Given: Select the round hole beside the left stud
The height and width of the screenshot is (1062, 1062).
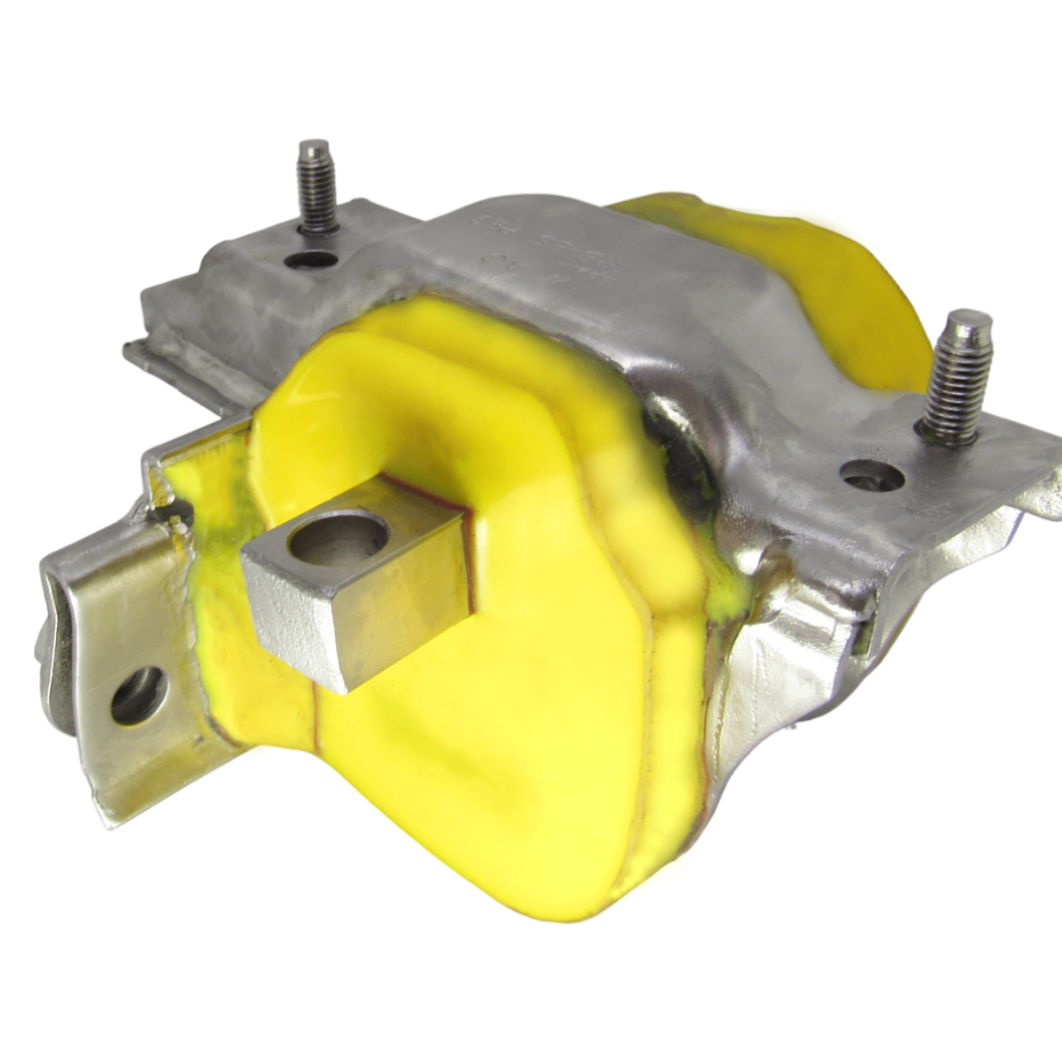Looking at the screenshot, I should coord(313,261).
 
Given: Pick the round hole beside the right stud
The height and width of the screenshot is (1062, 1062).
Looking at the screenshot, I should coord(872,477).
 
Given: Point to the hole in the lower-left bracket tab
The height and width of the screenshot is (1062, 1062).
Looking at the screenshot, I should coord(138,695).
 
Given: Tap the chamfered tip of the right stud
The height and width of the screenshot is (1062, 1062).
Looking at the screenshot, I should coord(969,323).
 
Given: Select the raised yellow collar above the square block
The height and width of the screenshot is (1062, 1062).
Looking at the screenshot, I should coord(393,393).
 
